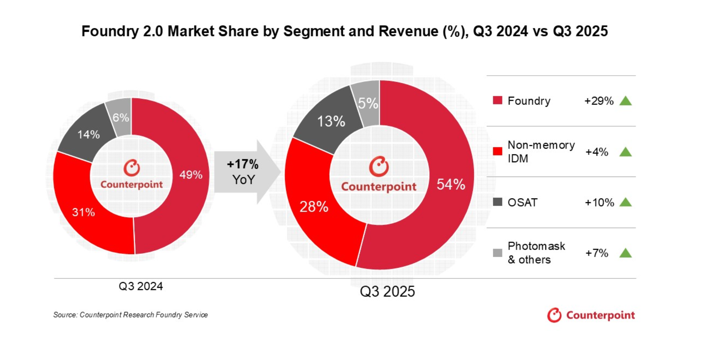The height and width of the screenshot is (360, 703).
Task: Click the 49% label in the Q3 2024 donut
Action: (x=191, y=175)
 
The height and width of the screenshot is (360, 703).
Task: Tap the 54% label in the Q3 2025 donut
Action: (x=451, y=185)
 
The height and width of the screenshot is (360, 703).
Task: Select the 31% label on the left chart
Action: (x=84, y=212)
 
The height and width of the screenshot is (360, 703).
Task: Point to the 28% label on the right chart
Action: (x=314, y=207)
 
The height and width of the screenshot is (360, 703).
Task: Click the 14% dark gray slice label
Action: (x=88, y=135)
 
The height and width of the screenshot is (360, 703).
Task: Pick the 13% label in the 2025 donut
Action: (x=331, y=121)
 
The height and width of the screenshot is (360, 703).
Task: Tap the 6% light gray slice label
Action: (x=121, y=118)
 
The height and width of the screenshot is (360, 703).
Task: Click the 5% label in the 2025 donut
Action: (x=368, y=103)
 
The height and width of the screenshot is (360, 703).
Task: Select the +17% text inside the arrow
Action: (x=242, y=164)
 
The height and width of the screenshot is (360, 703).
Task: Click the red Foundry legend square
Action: (x=497, y=101)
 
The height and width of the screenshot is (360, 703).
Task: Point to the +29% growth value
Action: (x=599, y=101)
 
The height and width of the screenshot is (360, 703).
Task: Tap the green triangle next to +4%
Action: (x=626, y=152)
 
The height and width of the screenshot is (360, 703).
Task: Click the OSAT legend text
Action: (x=522, y=203)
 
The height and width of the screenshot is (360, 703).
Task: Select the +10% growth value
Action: (x=599, y=203)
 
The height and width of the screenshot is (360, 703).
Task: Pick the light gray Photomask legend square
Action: (x=497, y=253)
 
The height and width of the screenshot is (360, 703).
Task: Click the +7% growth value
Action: (x=596, y=253)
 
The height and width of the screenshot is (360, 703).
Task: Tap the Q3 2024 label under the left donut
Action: (x=141, y=286)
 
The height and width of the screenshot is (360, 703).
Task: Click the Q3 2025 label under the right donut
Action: (x=387, y=292)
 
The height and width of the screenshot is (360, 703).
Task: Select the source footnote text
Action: (x=130, y=315)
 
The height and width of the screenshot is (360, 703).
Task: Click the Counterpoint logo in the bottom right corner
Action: (x=591, y=315)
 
